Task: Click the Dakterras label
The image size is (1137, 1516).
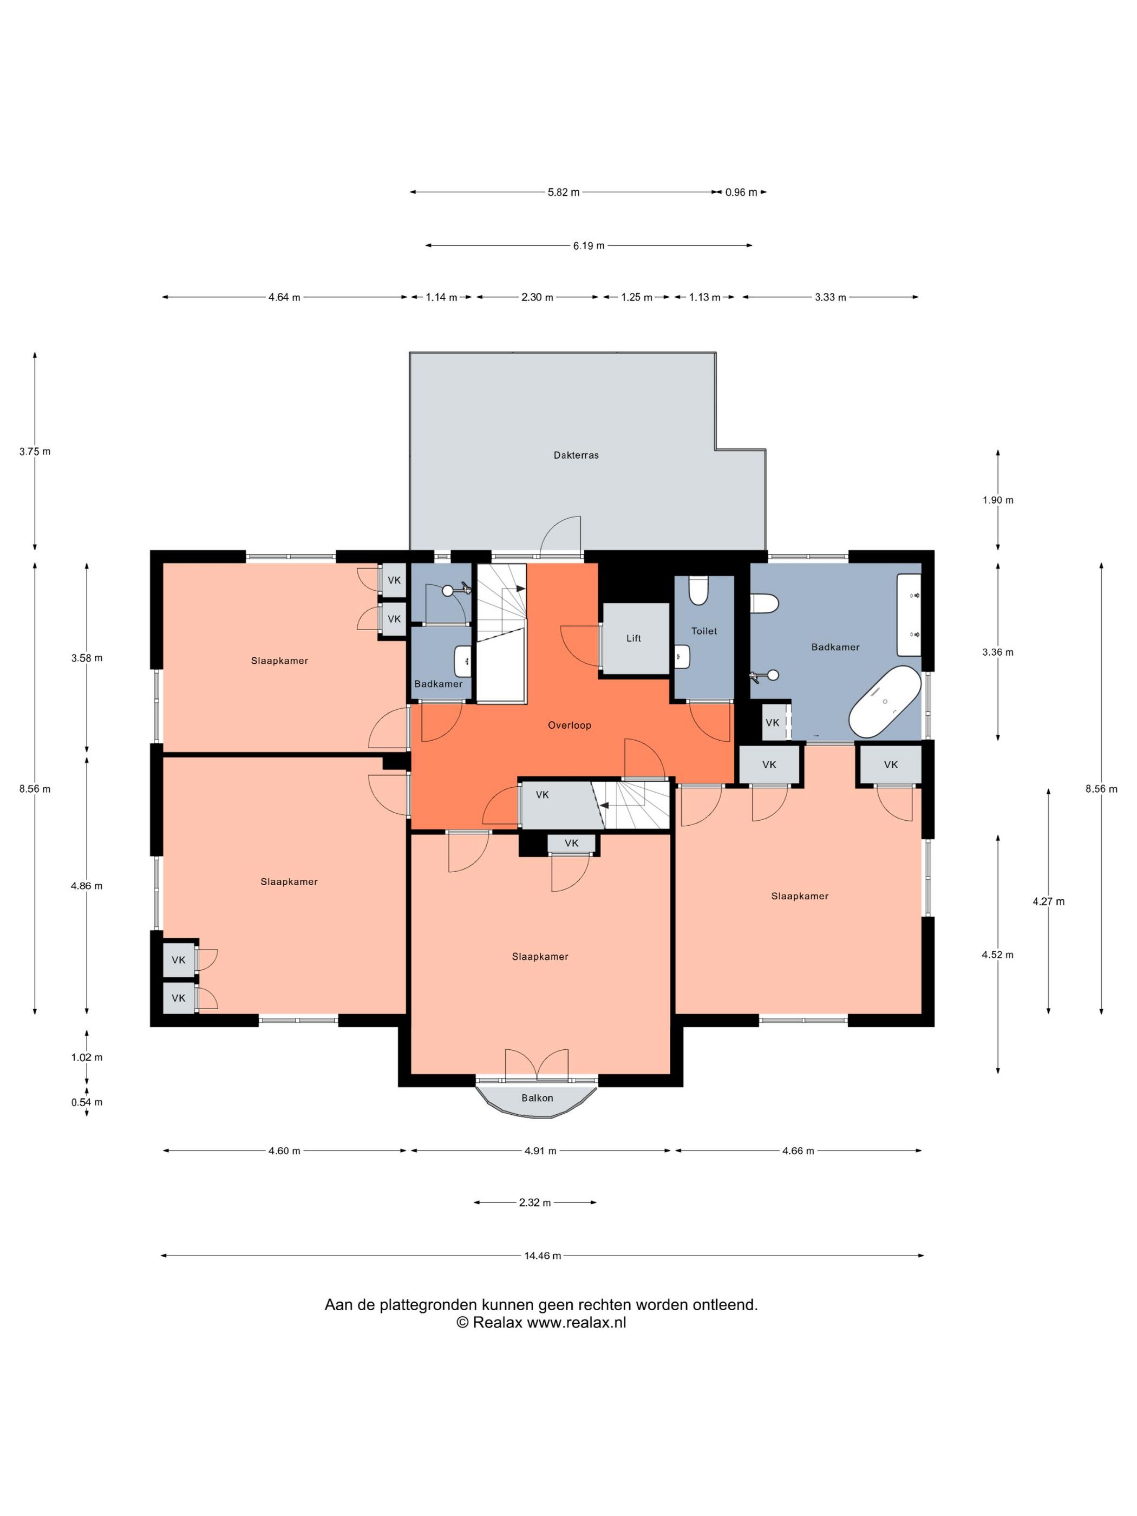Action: [x=576, y=455]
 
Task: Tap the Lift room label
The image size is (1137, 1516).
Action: [x=633, y=638]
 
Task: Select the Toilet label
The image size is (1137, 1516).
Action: [x=704, y=631]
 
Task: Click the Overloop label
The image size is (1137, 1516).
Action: [x=569, y=725]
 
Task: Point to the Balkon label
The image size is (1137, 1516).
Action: [x=537, y=1098]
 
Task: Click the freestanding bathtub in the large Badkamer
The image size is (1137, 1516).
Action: [x=885, y=702]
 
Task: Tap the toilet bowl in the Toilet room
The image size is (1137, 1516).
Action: [x=698, y=591]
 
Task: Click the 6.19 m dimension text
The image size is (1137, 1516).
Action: [x=589, y=245]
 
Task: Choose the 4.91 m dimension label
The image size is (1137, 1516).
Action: [x=540, y=1151]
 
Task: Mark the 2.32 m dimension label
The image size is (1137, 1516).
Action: [x=534, y=1202]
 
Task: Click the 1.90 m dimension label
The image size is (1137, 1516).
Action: [x=998, y=500]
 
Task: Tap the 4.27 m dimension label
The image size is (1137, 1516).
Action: [x=1049, y=901]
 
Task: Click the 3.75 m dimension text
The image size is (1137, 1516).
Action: [x=35, y=452]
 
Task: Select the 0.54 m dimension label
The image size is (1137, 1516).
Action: [x=87, y=1102]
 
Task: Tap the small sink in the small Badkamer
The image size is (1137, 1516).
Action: [x=462, y=661]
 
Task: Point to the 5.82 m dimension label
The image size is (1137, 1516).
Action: [x=564, y=193]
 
